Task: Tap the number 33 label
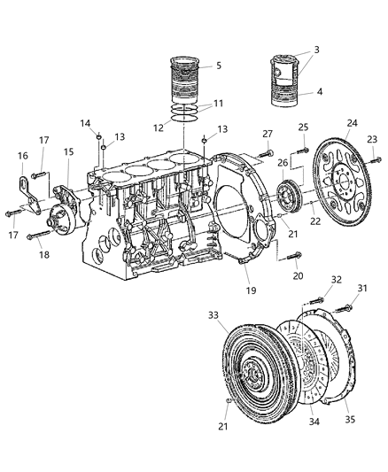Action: pyautogui.click(x=213, y=313)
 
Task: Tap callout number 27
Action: pyautogui.click(x=266, y=133)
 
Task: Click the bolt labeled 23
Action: pyautogui.click(x=377, y=161)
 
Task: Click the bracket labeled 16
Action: pyautogui.click(x=32, y=197)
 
